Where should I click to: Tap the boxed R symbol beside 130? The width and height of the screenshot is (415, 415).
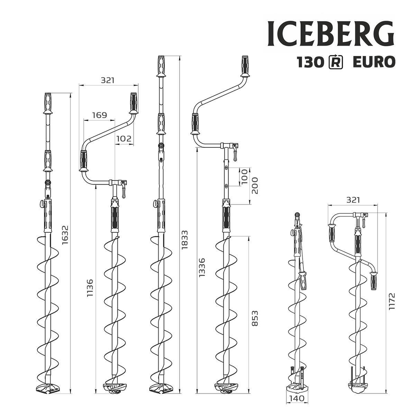pos(335,62)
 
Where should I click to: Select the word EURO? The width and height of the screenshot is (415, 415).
pos(373,62)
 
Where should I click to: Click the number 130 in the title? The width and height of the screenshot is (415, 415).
pos(310,62)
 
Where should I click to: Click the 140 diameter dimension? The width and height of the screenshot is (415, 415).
pos(297,398)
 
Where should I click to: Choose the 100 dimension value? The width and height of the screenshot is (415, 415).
pos(244,176)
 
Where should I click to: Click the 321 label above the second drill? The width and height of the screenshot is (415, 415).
pos(107,80)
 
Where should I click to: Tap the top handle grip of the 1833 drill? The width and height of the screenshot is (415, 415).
pos(161,66)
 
